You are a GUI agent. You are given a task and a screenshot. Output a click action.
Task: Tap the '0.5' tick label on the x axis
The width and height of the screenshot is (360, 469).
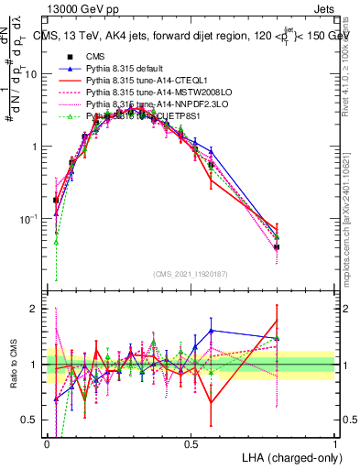(191, 443)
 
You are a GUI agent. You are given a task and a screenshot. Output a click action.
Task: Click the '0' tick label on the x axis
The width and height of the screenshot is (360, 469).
(47, 443)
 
